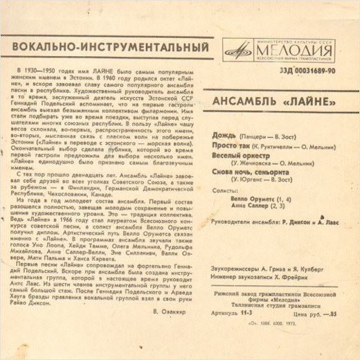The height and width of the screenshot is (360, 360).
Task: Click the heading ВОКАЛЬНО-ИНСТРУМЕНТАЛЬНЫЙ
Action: pyautogui.click(x=107, y=48)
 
